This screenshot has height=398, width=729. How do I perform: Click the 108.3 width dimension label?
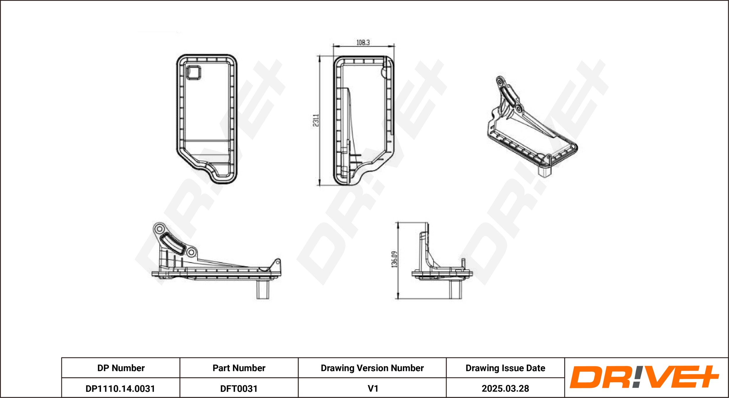(x=363, y=43)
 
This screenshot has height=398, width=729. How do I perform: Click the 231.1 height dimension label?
(x=316, y=120)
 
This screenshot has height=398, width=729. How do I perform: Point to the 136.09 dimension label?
(x=394, y=259)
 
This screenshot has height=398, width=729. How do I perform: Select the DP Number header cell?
(x=121, y=368)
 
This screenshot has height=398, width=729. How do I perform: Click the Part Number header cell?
(x=239, y=368)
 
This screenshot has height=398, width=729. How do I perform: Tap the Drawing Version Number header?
(x=372, y=368)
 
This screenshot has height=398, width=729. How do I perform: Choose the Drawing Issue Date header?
(x=505, y=368)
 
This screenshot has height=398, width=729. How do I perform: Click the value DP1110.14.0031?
(x=120, y=389)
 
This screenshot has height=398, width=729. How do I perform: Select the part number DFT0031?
(x=239, y=389)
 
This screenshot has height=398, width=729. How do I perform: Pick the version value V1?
(x=373, y=389)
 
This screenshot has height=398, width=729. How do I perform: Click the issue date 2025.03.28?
(x=505, y=389)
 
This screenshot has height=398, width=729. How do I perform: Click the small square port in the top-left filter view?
(x=193, y=72)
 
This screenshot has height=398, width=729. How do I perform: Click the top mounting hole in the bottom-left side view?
(x=159, y=229)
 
